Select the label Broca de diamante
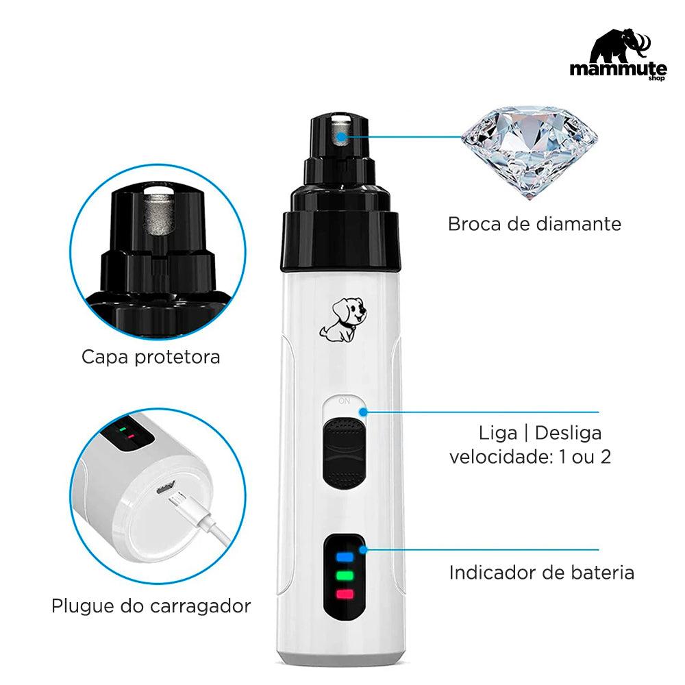click(x=534, y=223)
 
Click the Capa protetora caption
click(x=151, y=357)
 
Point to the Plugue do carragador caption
click(x=151, y=606)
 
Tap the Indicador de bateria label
click(x=541, y=572)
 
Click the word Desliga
click(x=568, y=433)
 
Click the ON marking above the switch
click(x=343, y=401)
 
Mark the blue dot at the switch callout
click(x=363, y=412)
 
